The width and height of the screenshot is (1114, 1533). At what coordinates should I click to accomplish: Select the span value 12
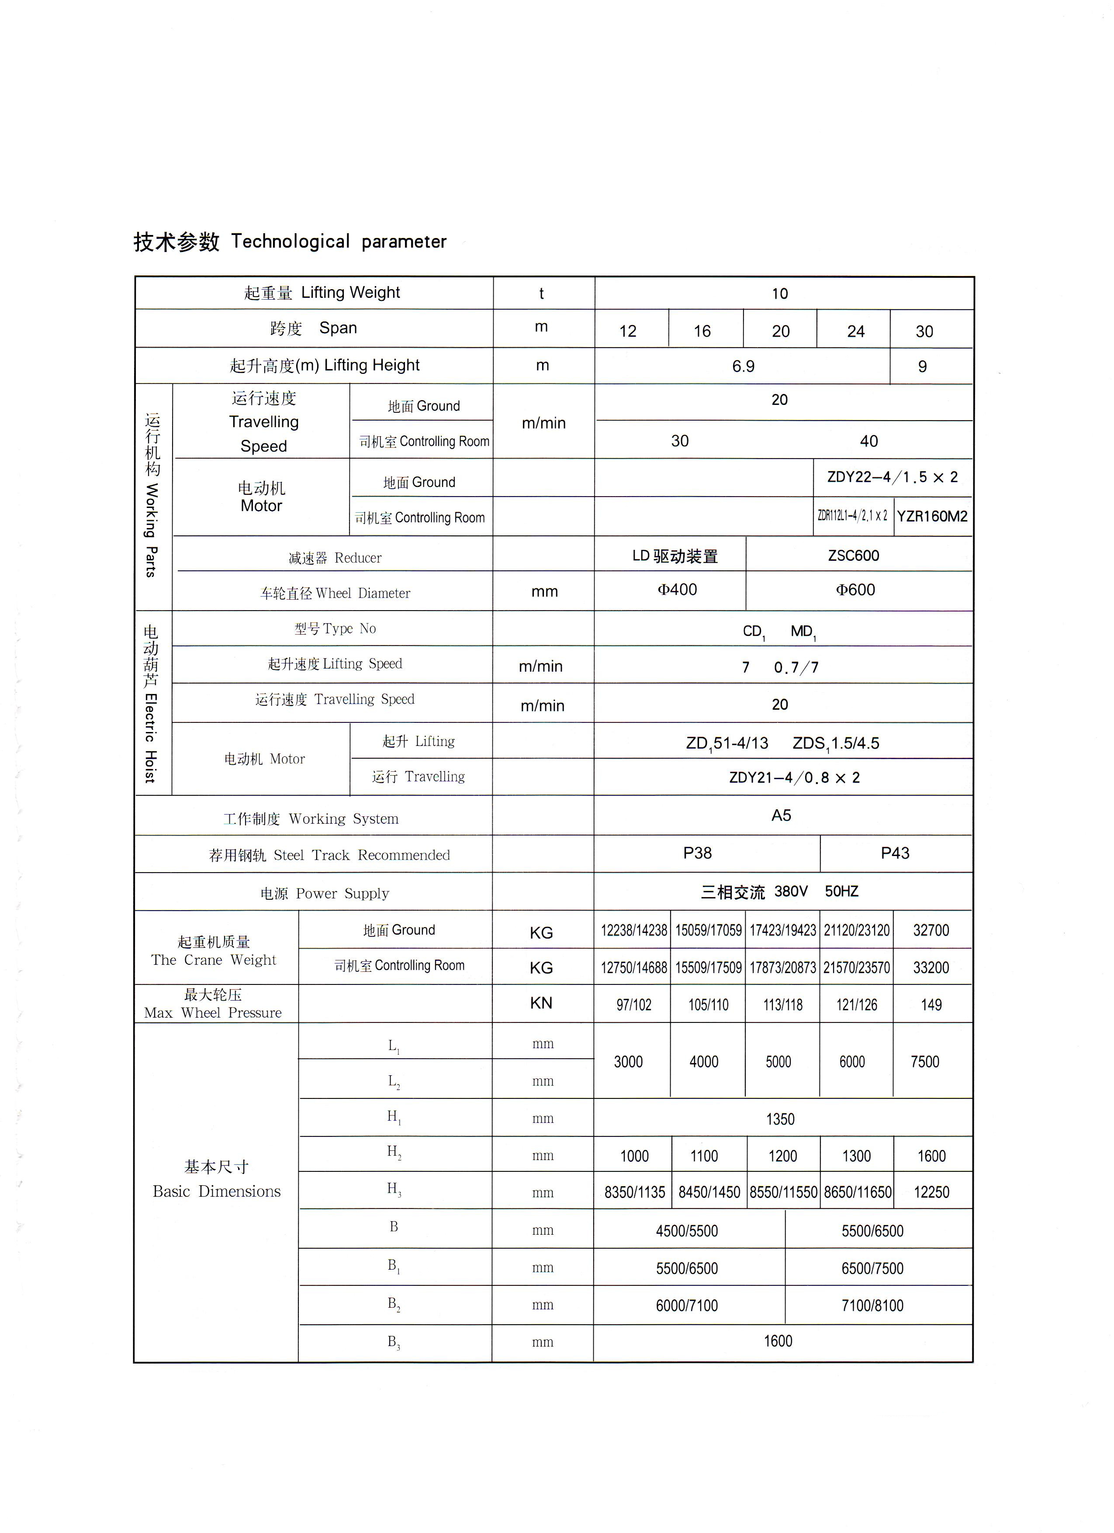tap(627, 331)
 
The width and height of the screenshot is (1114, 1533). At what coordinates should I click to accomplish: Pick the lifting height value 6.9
tap(743, 366)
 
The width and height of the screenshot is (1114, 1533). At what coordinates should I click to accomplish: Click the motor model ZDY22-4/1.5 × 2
tap(892, 477)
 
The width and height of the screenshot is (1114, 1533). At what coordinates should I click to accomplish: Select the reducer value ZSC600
tap(854, 556)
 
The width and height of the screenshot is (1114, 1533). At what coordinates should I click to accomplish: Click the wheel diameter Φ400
tap(677, 590)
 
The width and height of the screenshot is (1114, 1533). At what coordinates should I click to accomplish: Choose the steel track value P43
tap(895, 853)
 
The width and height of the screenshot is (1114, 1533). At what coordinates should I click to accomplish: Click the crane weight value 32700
tap(931, 930)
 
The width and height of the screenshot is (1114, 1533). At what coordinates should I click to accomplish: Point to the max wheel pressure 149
tap(931, 1005)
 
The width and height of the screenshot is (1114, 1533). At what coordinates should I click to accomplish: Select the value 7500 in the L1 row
tap(925, 1062)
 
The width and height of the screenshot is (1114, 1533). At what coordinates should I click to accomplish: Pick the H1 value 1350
tap(780, 1119)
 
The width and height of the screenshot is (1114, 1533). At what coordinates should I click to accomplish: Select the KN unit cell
tap(541, 1003)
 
